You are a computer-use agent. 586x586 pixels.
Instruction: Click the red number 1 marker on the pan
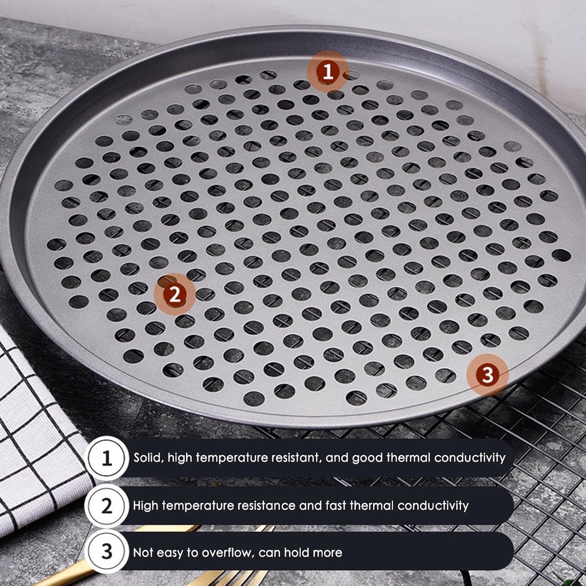(328, 72)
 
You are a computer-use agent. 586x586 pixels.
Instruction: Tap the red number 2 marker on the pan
(174, 294)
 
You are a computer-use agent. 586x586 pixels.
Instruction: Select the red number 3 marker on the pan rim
(487, 375)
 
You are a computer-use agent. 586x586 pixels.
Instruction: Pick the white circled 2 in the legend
(106, 506)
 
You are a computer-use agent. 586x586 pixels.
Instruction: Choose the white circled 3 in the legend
(106, 551)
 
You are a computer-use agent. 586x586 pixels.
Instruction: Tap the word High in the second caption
(146, 506)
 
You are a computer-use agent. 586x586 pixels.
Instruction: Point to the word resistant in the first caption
(290, 458)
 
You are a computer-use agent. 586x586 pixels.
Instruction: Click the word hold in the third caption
(296, 552)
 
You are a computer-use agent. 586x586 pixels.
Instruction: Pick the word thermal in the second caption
(372, 506)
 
